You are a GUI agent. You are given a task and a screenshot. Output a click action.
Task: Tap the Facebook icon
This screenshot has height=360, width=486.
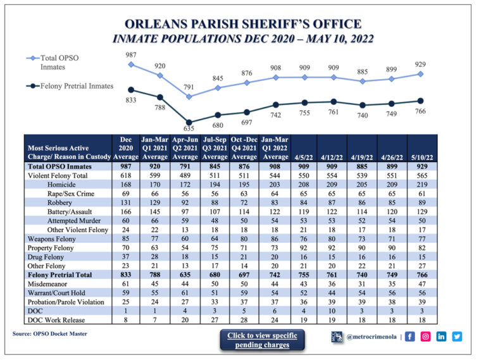411,337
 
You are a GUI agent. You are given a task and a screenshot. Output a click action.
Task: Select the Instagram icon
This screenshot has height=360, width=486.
426,337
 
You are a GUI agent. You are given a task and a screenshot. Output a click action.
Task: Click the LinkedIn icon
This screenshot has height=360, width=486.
442,337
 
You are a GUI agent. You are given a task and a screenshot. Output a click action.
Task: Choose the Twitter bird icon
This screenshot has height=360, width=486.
457,337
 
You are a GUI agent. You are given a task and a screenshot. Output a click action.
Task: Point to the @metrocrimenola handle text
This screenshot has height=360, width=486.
371,337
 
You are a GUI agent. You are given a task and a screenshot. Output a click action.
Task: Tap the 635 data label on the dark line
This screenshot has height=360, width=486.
188,128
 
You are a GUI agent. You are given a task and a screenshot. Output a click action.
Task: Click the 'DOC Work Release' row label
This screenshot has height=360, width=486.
55,321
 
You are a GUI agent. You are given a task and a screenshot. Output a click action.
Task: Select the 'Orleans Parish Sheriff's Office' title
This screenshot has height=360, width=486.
243,25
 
